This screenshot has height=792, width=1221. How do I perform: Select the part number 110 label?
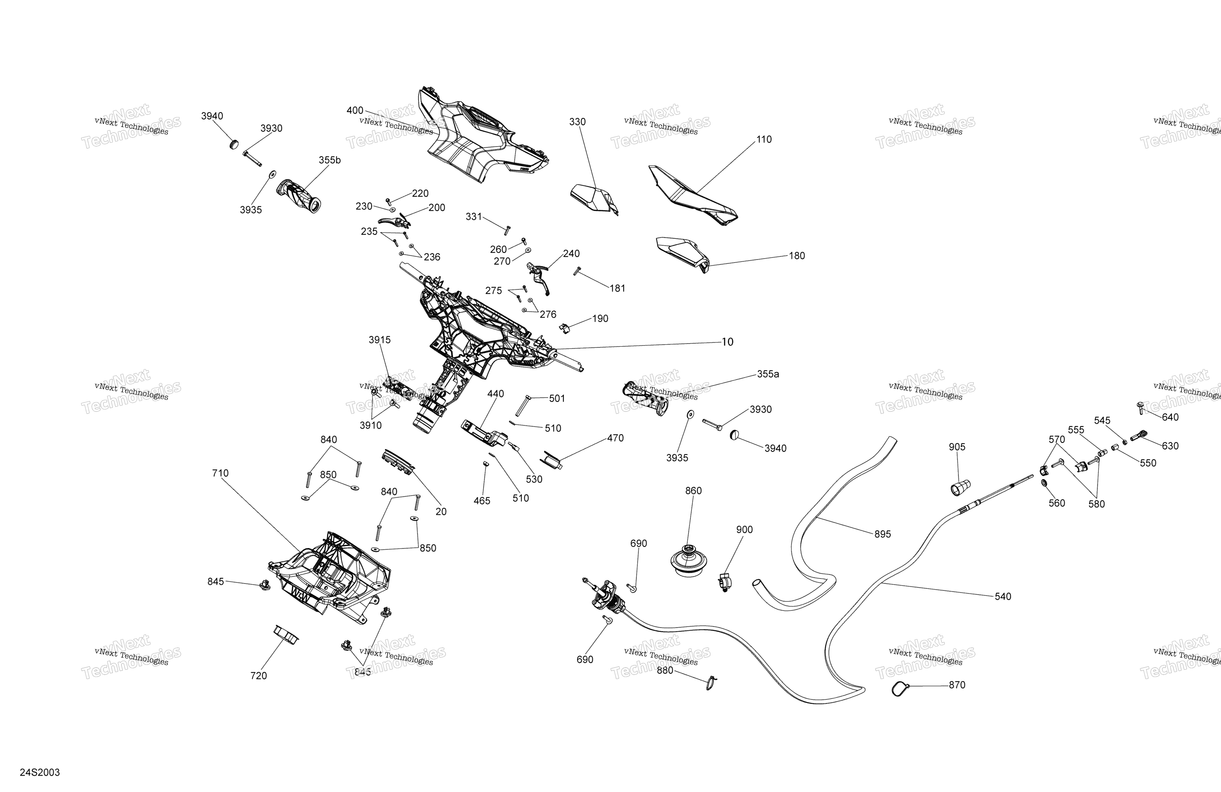pos(764,140)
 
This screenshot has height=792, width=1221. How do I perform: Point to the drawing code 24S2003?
pos(40,772)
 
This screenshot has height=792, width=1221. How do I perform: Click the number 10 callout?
pos(727,342)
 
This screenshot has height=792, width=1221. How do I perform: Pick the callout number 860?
pos(693,491)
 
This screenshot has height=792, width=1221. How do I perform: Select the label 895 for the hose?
pos(882,534)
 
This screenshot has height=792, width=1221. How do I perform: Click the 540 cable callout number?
pos(1003,596)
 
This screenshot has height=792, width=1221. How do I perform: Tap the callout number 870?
pos(957,685)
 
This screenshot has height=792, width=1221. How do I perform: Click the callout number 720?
pos(259,676)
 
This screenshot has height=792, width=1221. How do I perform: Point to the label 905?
pos(957,447)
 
